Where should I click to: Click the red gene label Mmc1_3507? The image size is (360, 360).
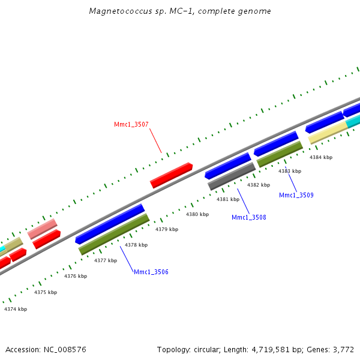tap(131, 125)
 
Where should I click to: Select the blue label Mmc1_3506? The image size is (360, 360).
tap(151, 272)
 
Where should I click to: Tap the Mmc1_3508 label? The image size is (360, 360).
tap(248, 217)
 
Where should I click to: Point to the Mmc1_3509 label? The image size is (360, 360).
tap(296, 195)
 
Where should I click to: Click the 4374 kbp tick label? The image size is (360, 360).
tap(16, 309)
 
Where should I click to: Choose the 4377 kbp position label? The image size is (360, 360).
tap(106, 260)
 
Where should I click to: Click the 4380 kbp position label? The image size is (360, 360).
tap(197, 214)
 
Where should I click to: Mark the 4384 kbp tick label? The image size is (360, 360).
tap(320, 157)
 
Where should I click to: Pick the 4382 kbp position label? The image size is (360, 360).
tap(259, 185)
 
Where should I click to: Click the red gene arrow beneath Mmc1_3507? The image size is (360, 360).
tap(171, 175)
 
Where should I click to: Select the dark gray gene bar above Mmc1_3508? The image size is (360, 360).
tap(232, 176)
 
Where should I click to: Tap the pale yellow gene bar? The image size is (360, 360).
tap(328, 133)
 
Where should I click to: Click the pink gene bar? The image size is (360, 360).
tap(43, 229)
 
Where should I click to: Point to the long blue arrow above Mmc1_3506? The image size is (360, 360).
tap(110, 224)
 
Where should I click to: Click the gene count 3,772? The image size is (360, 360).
tap(343, 349)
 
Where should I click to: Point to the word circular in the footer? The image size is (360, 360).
tap(206, 349)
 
